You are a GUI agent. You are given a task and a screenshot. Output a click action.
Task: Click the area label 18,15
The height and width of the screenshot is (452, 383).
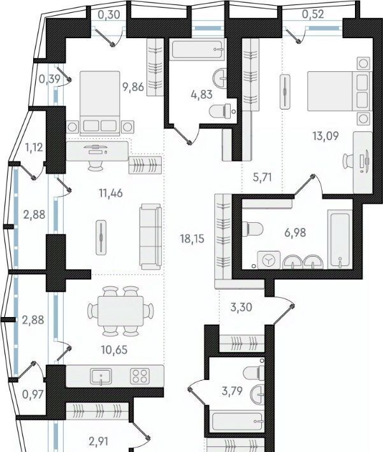192,239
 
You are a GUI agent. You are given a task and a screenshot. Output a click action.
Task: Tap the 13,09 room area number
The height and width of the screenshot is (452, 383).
326,136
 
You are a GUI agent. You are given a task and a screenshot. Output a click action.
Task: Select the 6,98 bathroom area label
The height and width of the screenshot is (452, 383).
295,232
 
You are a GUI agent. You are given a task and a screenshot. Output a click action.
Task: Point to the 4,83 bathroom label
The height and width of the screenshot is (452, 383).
202,94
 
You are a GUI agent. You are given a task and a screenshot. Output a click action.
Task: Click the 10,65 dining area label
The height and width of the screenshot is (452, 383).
114,350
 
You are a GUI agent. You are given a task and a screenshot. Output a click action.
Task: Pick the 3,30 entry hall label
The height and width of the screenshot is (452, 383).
242,307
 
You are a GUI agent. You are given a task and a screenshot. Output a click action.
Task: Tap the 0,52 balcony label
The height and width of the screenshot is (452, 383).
313,14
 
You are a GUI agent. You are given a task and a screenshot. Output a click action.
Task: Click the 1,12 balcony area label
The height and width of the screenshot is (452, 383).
34,147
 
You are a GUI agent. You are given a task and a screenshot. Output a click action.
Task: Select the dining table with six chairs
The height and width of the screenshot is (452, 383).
120,311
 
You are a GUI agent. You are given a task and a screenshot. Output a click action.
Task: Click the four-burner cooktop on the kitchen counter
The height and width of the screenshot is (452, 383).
140,376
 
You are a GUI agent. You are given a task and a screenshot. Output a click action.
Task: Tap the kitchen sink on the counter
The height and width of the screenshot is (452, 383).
101,376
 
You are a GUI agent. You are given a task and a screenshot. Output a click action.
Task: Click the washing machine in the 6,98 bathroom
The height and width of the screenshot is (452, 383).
269,260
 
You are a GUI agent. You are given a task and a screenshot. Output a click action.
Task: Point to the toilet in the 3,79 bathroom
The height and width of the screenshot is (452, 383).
254,372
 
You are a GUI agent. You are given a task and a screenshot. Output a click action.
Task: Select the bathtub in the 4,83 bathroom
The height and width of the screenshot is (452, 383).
198,49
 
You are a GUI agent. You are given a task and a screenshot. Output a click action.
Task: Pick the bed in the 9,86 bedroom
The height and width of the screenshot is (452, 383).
100,103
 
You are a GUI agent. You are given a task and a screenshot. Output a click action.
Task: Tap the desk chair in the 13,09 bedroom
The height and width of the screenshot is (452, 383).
348,161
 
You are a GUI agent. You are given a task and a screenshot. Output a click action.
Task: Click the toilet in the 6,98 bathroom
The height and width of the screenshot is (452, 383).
252,229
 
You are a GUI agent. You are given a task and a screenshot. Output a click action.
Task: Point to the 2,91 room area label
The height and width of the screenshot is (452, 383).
98,441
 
